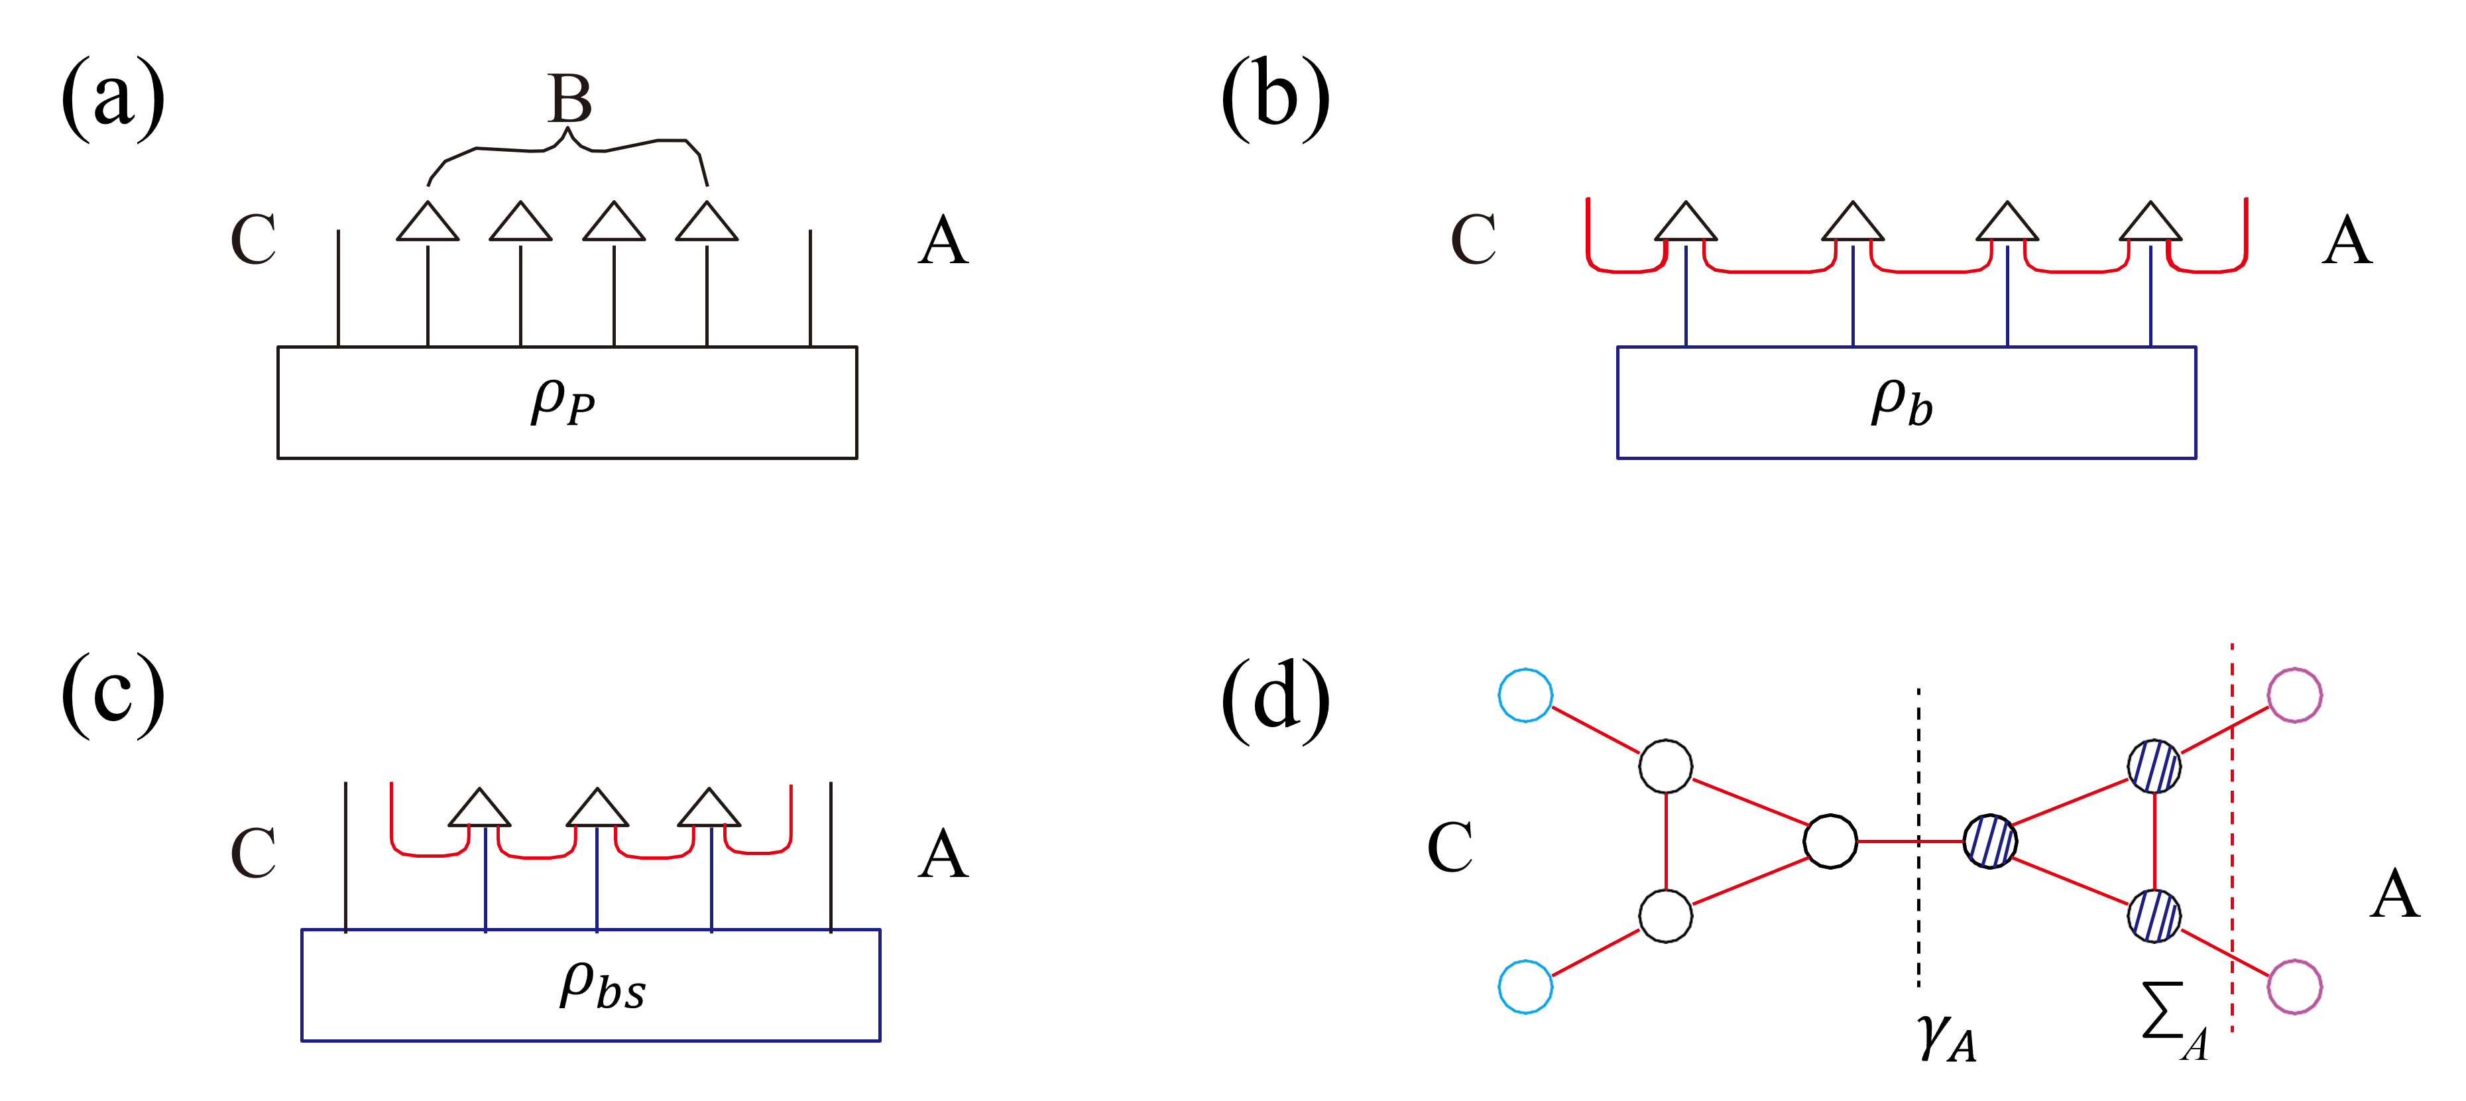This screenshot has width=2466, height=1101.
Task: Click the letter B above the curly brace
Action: pyautogui.click(x=569, y=99)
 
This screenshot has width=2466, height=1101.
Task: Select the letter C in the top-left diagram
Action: pyautogui.click(x=254, y=239)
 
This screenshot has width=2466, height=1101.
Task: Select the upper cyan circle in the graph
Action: pyautogui.click(x=1525, y=695)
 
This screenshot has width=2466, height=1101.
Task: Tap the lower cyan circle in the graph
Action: pyautogui.click(x=1525, y=986)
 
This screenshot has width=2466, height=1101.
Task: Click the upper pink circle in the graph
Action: pyautogui.click(x=2295, y=695)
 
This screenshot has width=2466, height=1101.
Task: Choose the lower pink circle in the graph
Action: pyautogui.click(x=2295, y=986)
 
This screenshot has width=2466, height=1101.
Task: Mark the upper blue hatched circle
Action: pyautogui.click(x=2154, y=766)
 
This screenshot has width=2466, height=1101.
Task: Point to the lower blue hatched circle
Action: pyautogui.click(x=2154, y=916)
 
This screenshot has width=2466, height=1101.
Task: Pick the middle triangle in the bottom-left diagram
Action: pyautogui.click(x=597, y=809)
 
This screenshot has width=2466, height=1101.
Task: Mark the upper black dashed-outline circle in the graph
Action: pyautogui.click(x=1666, y=766)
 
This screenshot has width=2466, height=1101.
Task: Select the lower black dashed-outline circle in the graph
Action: pyautogui.click(x=1666, y=916)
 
